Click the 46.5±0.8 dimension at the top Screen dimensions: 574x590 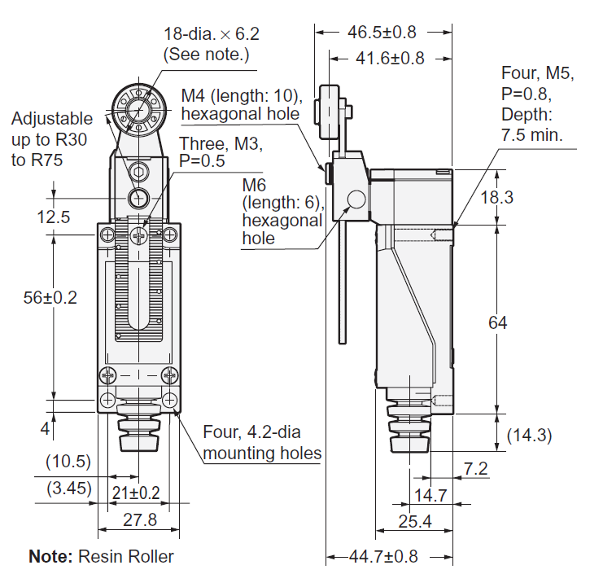click(382, 33)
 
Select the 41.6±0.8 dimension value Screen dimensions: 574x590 click(390, 58)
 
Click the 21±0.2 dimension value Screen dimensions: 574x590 click(138, 492)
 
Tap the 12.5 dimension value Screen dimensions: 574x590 click(52, 217)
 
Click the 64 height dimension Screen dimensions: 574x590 click(497, 322)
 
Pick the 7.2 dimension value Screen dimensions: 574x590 click(476, 467)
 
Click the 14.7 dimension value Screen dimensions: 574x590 click(430, 494)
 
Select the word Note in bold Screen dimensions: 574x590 click(50, 557)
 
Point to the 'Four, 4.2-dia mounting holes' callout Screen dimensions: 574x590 click(262, 442)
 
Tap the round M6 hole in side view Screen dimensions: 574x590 click(356, 199)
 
